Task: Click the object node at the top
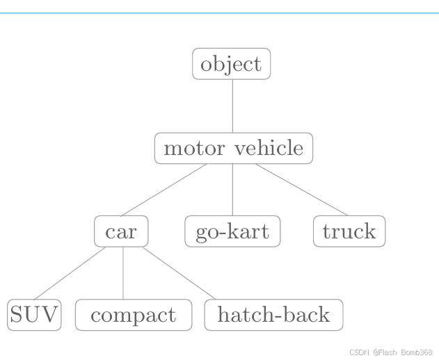pos(231,64)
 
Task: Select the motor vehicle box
pos(233,148)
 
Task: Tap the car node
pos(121,231)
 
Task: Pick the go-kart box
pos(232,231)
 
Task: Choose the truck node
pos(349,231)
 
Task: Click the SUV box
pos(34,315)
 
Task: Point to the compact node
pos(133,315)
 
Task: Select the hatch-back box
pos(273,315)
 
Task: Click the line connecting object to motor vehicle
pos(232,106)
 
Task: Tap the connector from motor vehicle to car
pos(164,190)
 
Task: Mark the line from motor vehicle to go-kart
pos(232,190)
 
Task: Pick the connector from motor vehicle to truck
pos(301,190)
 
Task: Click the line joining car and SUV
pos(70,273)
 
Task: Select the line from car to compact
pos(123,273)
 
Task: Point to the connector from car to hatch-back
pos(179,273)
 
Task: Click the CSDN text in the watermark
pos(358,352)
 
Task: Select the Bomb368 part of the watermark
pos(417,352)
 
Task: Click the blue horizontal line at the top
pos(219,13)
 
